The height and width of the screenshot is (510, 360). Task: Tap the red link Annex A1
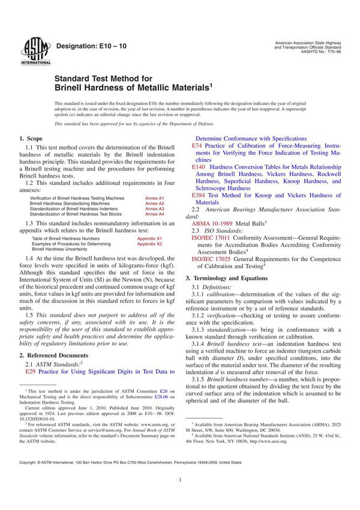click(155, 197)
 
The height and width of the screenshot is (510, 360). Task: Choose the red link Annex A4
click(155, 214)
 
